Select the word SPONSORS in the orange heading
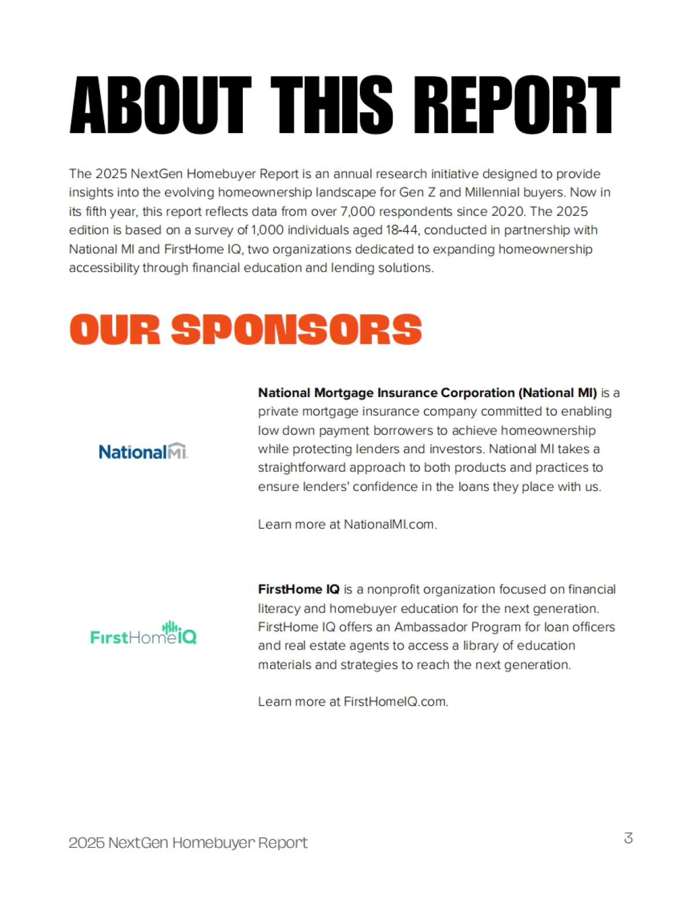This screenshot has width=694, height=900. point(296,330)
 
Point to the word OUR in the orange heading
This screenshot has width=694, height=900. point(115,330)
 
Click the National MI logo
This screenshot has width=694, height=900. point(143,451)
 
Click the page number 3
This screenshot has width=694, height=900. point(628,838)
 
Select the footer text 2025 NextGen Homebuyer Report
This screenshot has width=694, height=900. point(188,843)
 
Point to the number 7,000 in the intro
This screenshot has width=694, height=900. point(358,211)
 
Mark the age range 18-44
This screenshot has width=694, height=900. point(401,230)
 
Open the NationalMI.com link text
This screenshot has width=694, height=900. point(389,524)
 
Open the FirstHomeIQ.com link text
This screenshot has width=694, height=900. point(395,701)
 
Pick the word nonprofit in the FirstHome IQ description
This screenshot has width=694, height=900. point(393,589)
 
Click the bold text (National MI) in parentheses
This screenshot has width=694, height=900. point(558,392)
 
